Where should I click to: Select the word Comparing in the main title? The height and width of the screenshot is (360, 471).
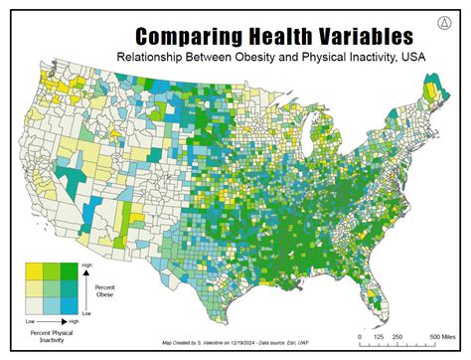[177, 36]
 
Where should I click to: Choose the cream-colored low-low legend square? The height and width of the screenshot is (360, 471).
[32, 303]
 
